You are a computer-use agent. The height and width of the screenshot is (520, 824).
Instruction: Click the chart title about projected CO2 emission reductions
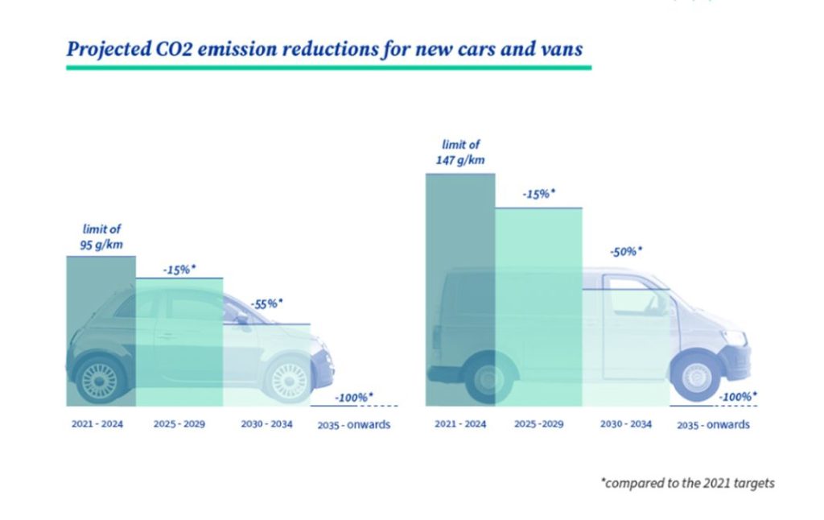(325, 49)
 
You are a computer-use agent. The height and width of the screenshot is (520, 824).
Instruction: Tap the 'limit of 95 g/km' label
(101, 236)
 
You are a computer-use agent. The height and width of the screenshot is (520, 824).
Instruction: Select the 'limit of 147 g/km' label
(461, 152)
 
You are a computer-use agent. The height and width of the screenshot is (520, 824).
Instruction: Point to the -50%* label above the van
(627, 251)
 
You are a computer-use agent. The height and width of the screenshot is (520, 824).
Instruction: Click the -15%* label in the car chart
(180, 269)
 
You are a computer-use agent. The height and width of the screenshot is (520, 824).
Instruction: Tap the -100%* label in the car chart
(353, 397)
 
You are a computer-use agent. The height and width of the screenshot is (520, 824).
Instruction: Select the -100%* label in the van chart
(737, 397)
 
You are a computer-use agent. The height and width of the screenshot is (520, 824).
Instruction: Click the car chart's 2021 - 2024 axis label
(96, 423)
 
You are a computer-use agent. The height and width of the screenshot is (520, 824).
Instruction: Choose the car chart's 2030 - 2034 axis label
(266, 423)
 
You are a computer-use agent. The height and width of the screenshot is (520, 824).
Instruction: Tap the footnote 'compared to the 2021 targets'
(687, 483)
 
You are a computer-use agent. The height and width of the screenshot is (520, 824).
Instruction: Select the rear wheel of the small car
(100, 378)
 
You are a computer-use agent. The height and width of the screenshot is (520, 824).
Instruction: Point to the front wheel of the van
(697, 374)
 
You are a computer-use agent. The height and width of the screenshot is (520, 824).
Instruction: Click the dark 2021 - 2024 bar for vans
(459, 290)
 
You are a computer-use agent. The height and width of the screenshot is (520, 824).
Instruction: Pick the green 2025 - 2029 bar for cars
(179, 342)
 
